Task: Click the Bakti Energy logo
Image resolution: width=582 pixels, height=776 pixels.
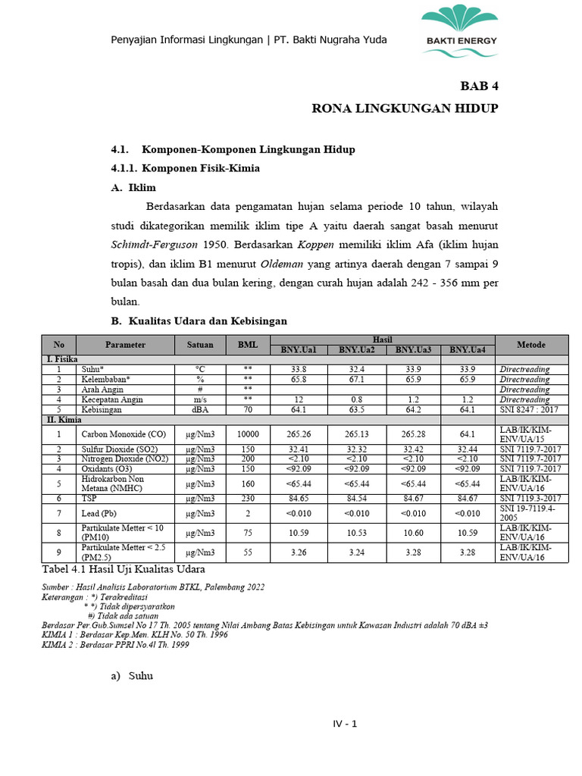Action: tap(460, 31)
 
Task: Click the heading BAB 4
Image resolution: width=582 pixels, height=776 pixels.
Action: tap(480, 85)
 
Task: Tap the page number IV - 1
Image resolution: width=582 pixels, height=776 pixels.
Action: tap(345, 724)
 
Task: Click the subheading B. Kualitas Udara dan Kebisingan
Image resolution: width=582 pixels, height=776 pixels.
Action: tap(199, 321)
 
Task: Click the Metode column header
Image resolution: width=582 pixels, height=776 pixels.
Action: tap(530, 344)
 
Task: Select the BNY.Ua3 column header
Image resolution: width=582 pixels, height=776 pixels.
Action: tap(413, 349)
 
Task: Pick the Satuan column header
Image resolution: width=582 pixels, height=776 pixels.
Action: tap(200, 344)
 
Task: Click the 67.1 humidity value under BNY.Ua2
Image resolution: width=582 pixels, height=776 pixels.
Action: tap(357, 379)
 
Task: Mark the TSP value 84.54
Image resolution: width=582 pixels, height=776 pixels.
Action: tap(357, 498)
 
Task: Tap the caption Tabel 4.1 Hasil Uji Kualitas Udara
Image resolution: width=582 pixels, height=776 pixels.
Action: tap(123, 569)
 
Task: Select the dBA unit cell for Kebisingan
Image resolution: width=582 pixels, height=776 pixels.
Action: tap(200, 409)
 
